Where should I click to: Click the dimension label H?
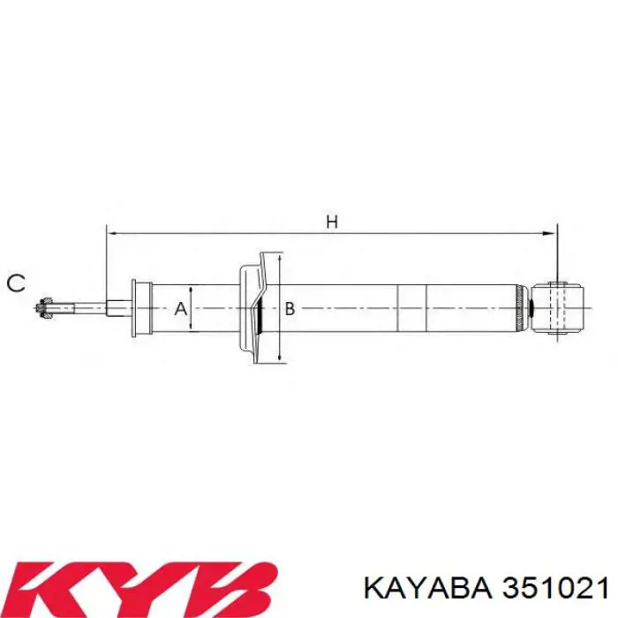click(332, 222)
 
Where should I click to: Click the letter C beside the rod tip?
click(16, 283)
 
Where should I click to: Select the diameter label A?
click(179, 309)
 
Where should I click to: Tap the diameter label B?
click(289, 309)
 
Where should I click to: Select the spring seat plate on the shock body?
click(252, 307)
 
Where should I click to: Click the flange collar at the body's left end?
click(139, 308)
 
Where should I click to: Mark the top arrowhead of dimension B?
click(279, 257)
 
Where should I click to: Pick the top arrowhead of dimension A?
click(191, 289)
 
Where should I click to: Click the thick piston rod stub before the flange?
click(117, 308)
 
